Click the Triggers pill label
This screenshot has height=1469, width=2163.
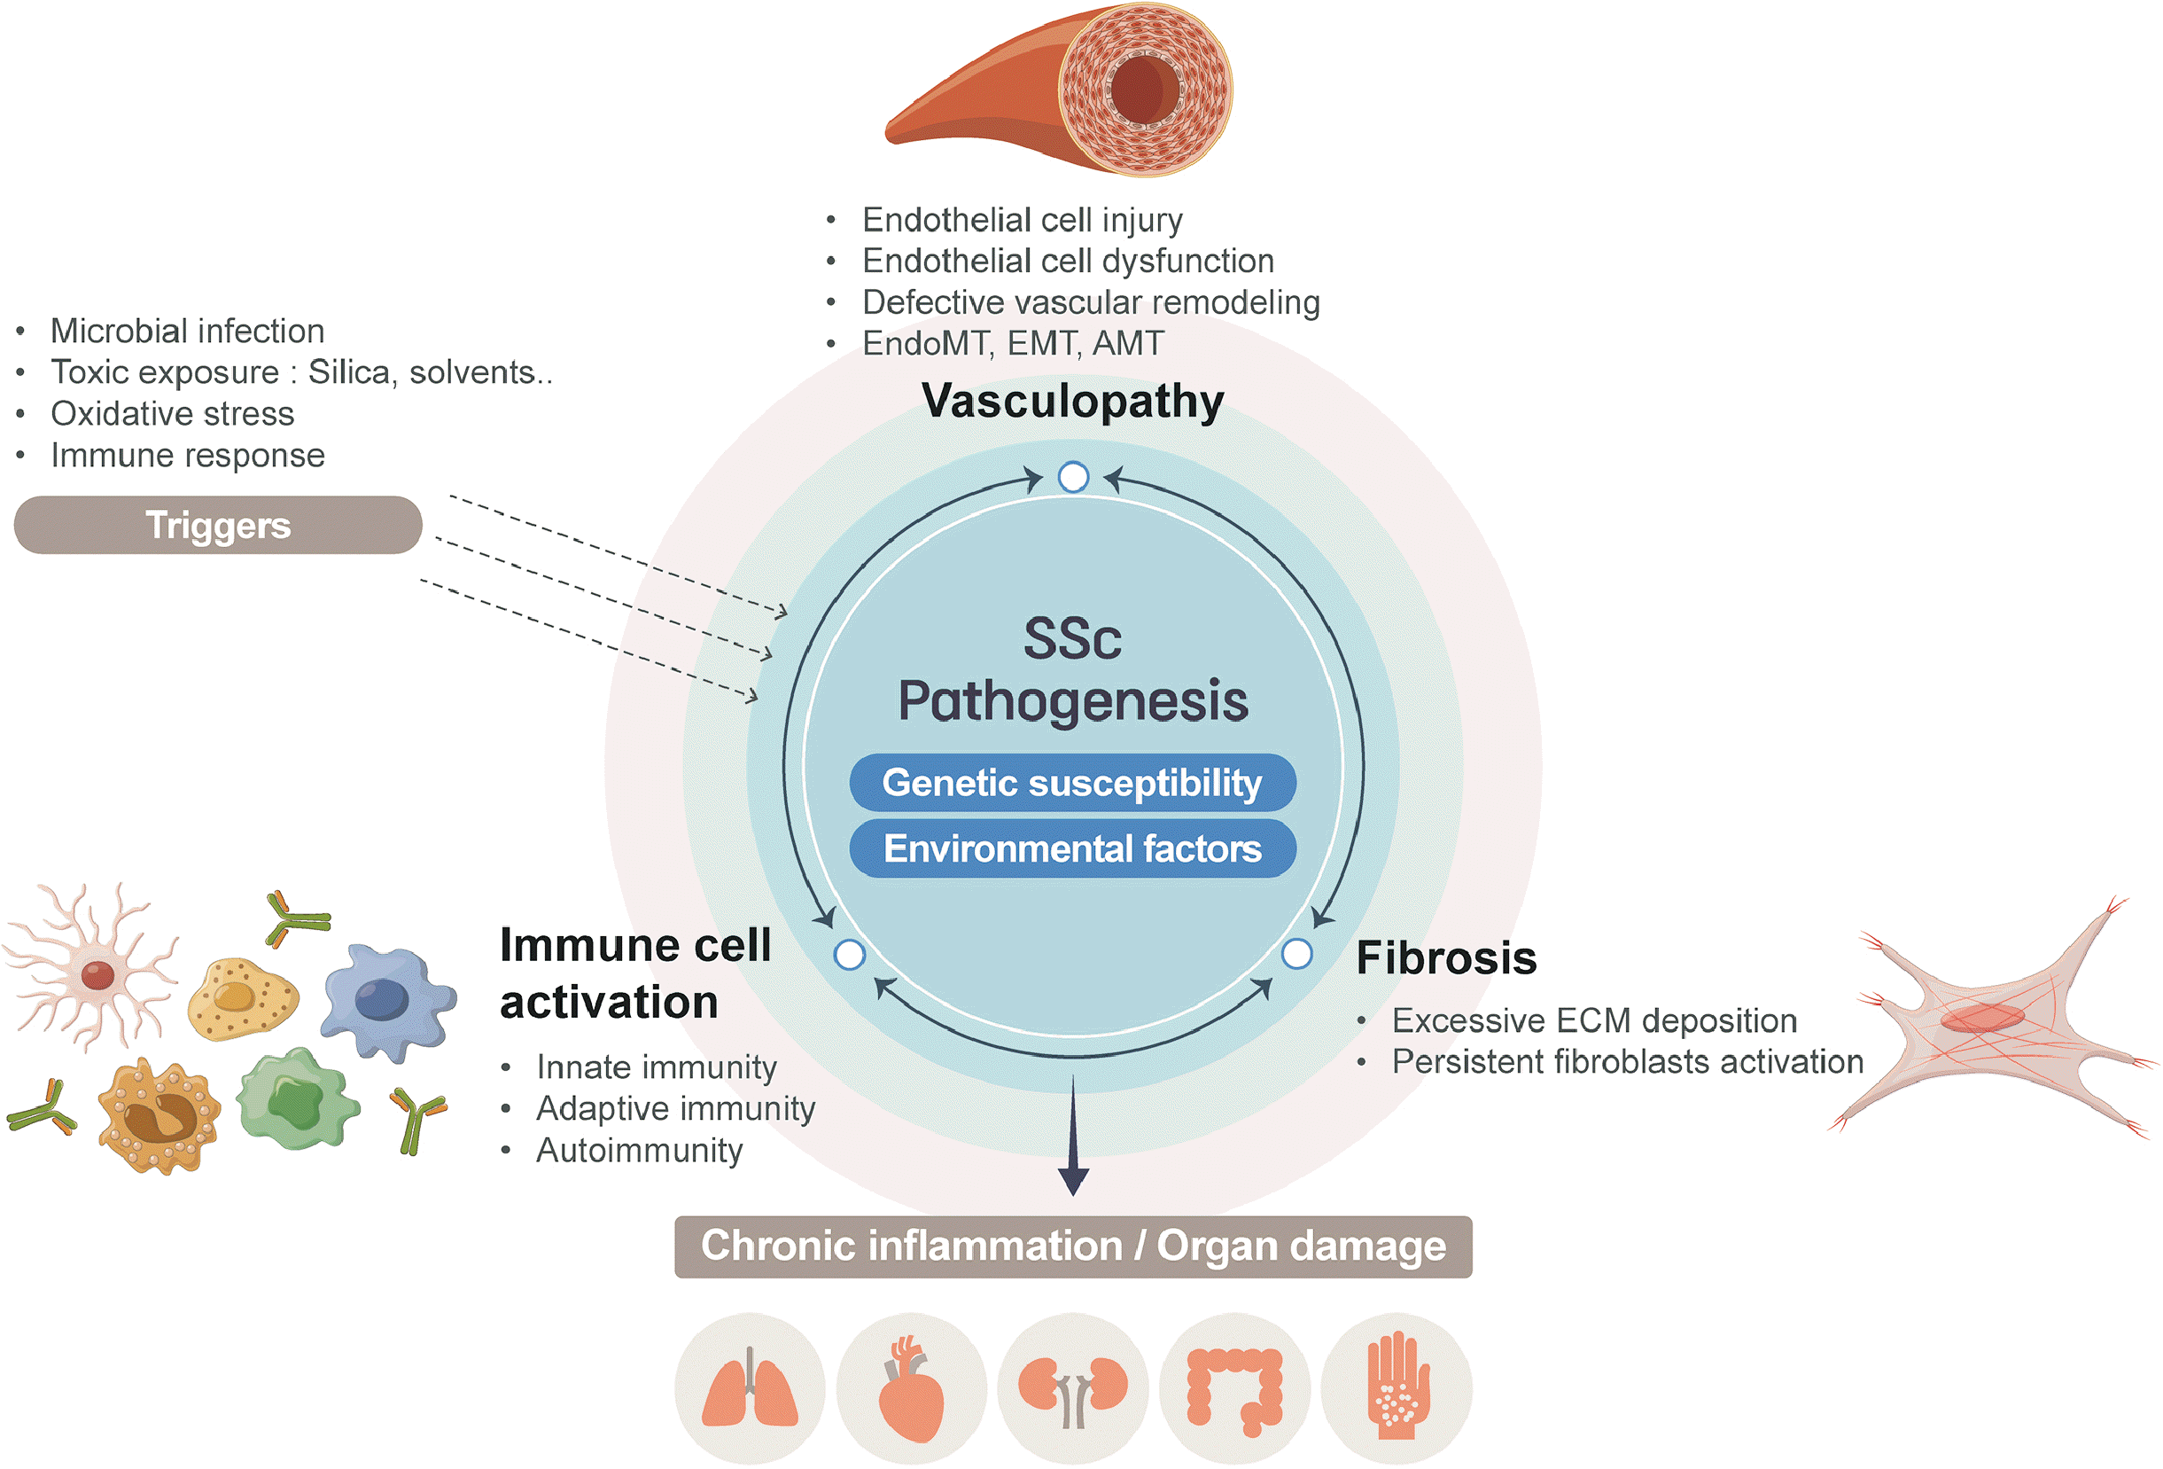coord(218,525)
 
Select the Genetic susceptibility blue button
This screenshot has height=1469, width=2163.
coord(1072,783)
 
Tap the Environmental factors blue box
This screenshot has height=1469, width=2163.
coord(1072,849)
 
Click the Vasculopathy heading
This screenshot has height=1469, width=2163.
coord(1072,402)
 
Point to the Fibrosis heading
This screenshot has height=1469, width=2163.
coord(1446,958)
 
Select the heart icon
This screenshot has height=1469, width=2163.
coord(911,1389)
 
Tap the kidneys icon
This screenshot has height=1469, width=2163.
coord(1072,1389)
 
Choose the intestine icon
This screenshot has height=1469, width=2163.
coord(1235,1389)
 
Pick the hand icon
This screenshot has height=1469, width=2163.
coord(1397,1389)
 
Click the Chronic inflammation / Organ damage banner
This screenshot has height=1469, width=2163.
coord(1073,1246)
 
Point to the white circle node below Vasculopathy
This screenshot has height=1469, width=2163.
coord(1073,477)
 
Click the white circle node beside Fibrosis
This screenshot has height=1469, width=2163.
coord(1296,954)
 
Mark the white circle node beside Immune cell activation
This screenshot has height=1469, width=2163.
coord(850,955)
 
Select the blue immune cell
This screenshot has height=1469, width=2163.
coord(385,1001)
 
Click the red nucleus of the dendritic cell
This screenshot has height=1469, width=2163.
coord(97,974)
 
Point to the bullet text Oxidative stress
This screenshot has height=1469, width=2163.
coord(172,414)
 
